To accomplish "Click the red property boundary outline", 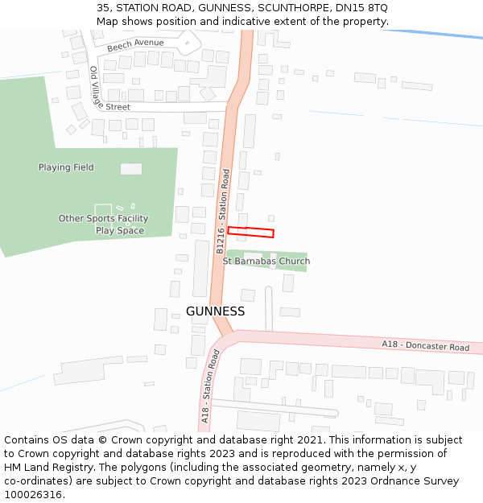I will (x=250, y=233).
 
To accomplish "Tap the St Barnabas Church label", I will (x=266, y=262).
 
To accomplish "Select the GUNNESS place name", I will (x=215, y=311).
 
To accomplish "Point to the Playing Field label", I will (x=66, y=167).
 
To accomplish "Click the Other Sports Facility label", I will (x=103, y=219).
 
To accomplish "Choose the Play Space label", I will (x=120, y=231).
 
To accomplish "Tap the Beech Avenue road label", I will (x=135, y=44).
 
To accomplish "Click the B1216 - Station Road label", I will (x=223, y=212).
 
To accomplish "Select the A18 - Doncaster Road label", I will (x=425, y=346).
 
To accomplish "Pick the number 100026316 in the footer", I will (x=35, y=494).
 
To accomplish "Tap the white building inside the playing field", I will (x=131, y=169).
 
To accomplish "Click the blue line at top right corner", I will (x=451, y=34).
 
